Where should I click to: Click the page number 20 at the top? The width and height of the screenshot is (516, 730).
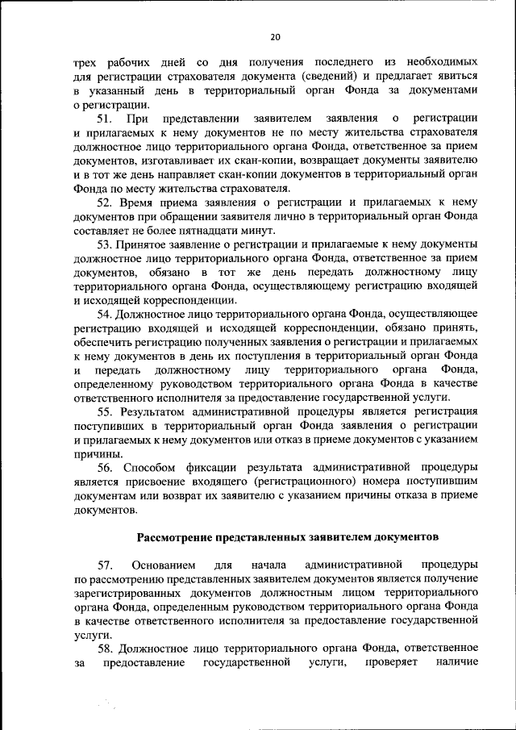tap(275, 37)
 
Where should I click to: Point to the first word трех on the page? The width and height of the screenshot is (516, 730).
tap(85, 62)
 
